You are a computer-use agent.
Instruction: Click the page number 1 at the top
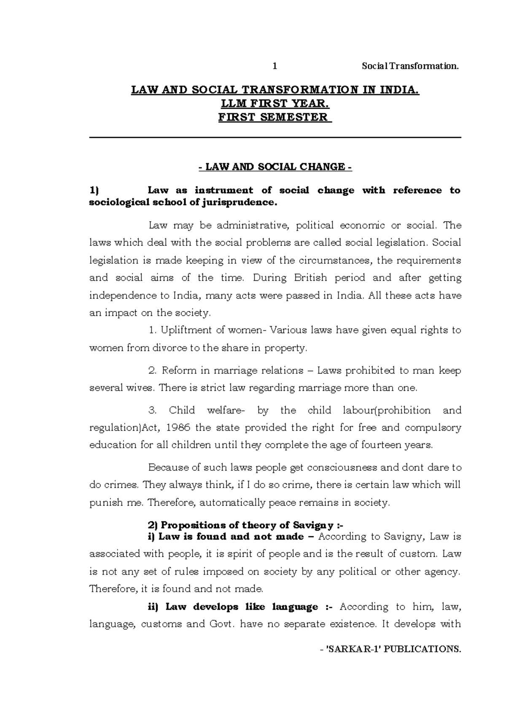click(275, 66)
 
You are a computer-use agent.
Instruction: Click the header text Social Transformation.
click(410, 66)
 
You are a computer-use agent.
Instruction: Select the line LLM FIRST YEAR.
click(275, 104)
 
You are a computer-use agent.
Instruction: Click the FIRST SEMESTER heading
click(275, 117)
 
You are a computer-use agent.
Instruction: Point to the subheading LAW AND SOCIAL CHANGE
click(275, 167)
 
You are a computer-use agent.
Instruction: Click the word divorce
click(176, 348)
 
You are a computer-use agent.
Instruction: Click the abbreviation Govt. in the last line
click(221, 624)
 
